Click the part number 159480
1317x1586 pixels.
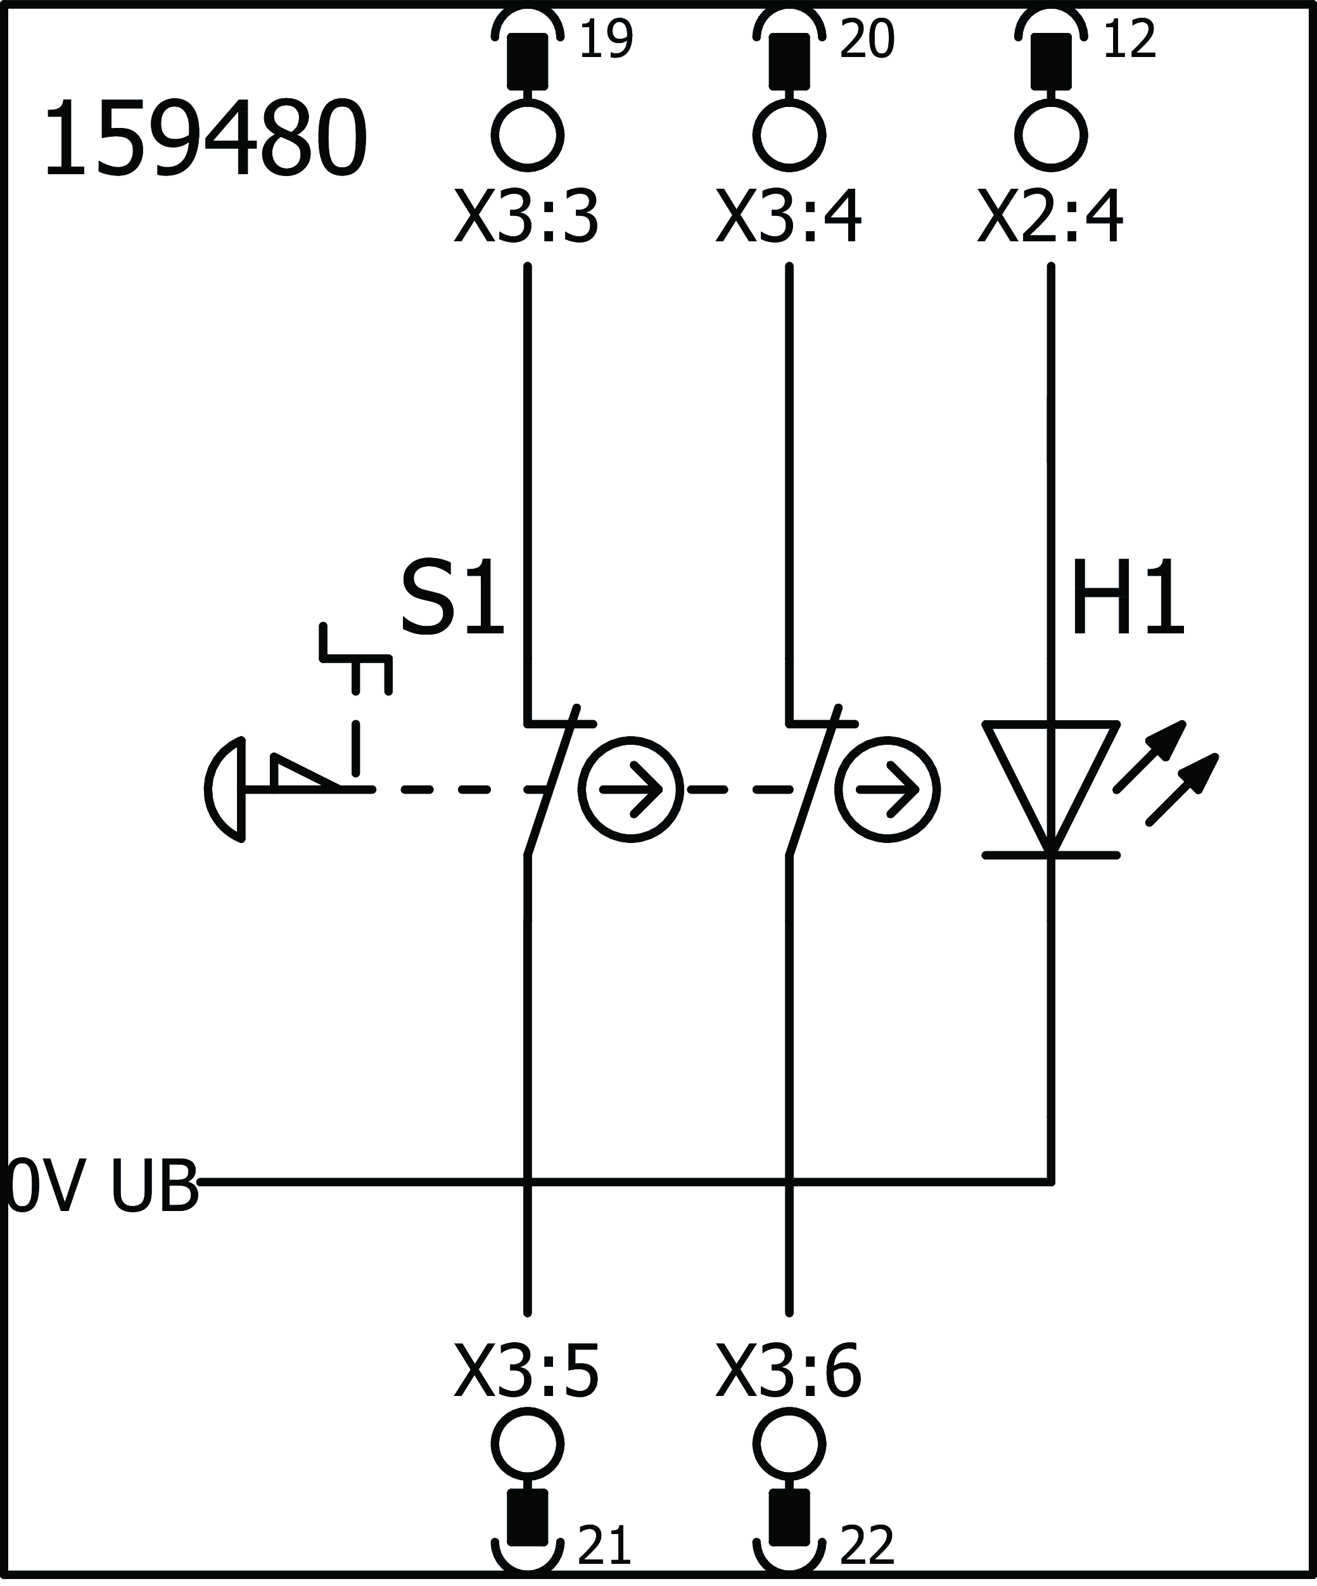(x=205, y=141)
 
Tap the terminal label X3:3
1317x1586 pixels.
(x=526, y=217)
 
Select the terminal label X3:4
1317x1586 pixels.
(x=789, y=217)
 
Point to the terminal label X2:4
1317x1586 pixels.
(x=1050, y=217)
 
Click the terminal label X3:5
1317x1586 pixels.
(x=526, y=1371)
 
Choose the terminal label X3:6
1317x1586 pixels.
(x=789, y=1371)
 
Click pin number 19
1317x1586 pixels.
(x=606, y=40)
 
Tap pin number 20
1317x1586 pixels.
(x=867, y=40)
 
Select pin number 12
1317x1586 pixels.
(x=1129, y=40)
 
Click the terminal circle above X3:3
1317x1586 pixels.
(x=528, y=136)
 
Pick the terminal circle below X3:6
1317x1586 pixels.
(x=789, y=1444)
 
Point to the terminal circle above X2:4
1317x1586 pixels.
(x=1050, y=136)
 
